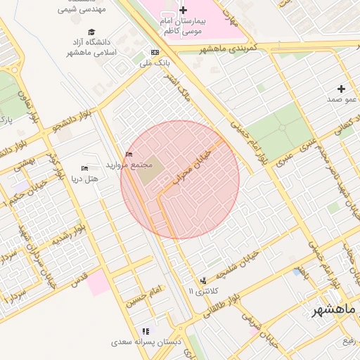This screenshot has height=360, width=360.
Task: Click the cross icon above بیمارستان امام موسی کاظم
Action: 184,10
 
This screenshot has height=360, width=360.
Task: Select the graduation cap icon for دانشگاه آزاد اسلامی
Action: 91,32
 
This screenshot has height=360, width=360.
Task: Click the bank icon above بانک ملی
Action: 155,52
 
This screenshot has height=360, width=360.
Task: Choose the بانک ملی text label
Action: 155,63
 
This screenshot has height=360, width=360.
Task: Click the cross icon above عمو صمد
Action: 341,89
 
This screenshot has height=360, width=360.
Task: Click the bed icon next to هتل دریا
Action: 84,169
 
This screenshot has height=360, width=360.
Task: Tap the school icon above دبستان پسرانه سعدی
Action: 146,330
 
